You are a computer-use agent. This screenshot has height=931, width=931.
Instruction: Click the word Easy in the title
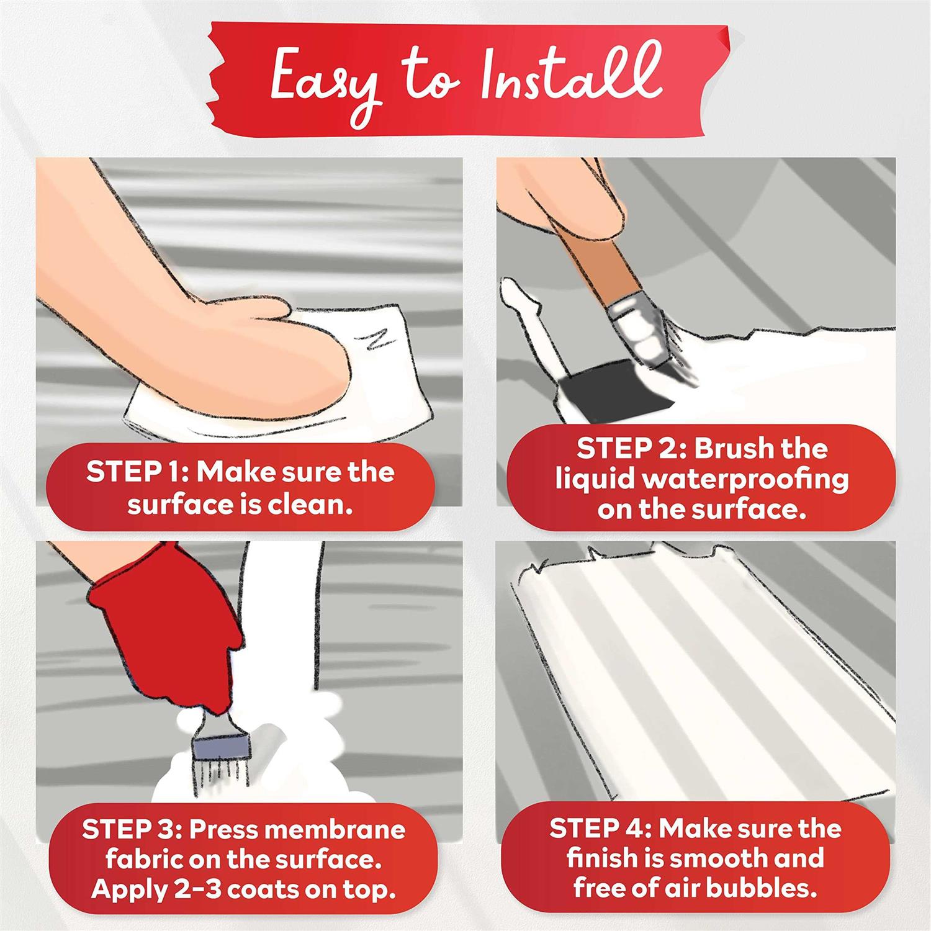326,87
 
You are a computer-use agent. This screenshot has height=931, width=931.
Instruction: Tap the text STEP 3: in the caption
131,829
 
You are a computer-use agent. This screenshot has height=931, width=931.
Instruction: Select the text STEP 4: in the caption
602,829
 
